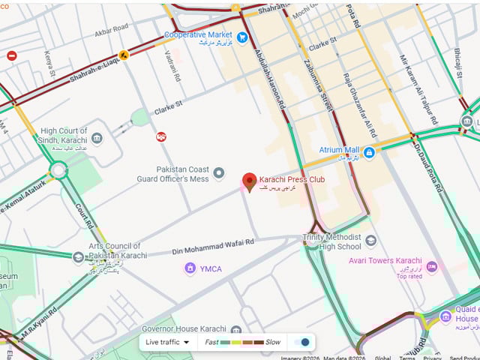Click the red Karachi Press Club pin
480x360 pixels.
[250, 181]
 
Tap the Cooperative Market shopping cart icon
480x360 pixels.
[242, 37]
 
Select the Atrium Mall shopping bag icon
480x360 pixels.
[369, 151]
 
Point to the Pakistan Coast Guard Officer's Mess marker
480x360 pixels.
[219, 174]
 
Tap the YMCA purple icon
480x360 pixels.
[190, 268]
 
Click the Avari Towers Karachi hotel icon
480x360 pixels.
[431, 266]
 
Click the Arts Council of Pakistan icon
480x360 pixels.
[78, 256]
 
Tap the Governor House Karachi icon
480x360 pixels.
[236, 330]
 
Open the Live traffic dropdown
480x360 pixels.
[167, 342]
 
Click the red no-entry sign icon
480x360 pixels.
[11, 55]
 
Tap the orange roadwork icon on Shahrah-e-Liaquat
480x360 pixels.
[122, 54]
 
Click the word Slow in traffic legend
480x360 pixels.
[273, 342]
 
